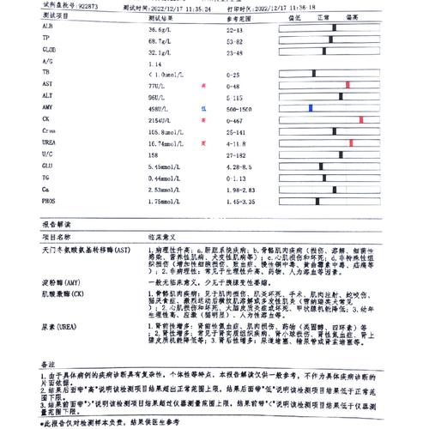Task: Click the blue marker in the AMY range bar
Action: (310, 107)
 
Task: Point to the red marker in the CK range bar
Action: (362, 119)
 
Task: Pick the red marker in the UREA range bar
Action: (351, 142)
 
